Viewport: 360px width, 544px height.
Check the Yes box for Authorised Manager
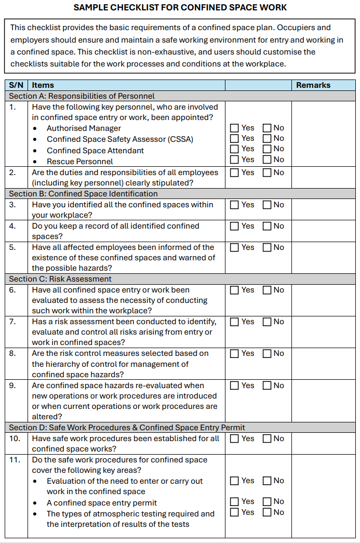pos(235,128)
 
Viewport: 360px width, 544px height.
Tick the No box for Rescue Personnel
pos(267,160)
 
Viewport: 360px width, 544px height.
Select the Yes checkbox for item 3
pos(235,205)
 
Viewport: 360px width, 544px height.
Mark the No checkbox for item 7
pos(267,322)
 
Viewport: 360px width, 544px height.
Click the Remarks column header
pos(313,85)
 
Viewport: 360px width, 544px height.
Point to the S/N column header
pos(17,85)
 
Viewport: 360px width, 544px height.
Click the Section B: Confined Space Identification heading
pos(83,194)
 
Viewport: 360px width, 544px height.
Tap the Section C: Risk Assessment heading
pos(60,279)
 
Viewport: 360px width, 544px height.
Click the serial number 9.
pos(12,386)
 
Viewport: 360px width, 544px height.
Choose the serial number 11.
pos(15,460)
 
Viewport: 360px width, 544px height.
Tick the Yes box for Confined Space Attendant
pos(235,149)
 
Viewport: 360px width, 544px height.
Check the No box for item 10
pos(267,439)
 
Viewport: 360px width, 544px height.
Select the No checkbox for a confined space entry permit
pos(267,501)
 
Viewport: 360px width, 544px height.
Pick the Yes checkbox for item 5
pos(235,247)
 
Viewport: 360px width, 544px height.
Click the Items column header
pos(43,85)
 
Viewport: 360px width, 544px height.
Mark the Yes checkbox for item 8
pos(235,353)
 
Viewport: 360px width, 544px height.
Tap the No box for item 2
pos(267,173)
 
